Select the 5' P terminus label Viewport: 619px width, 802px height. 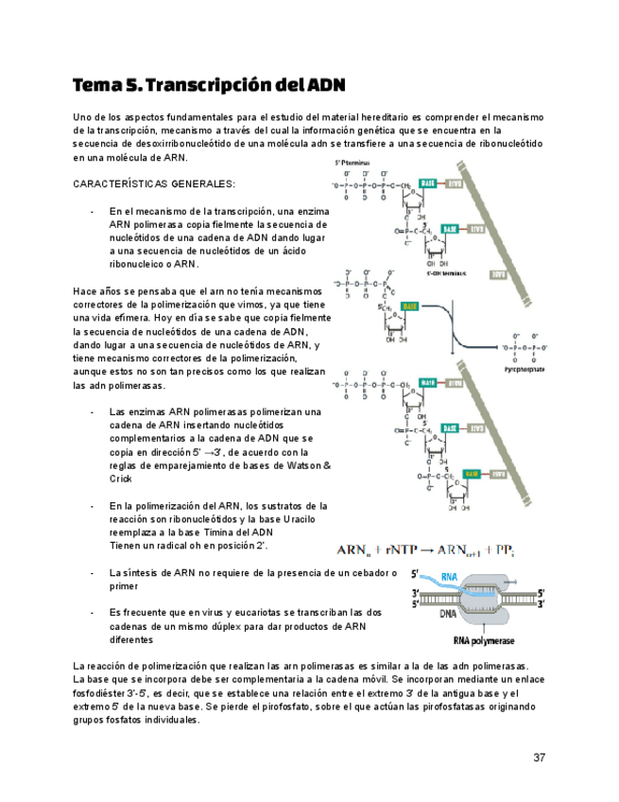point(351,163)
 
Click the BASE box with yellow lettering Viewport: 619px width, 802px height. point(410,307)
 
